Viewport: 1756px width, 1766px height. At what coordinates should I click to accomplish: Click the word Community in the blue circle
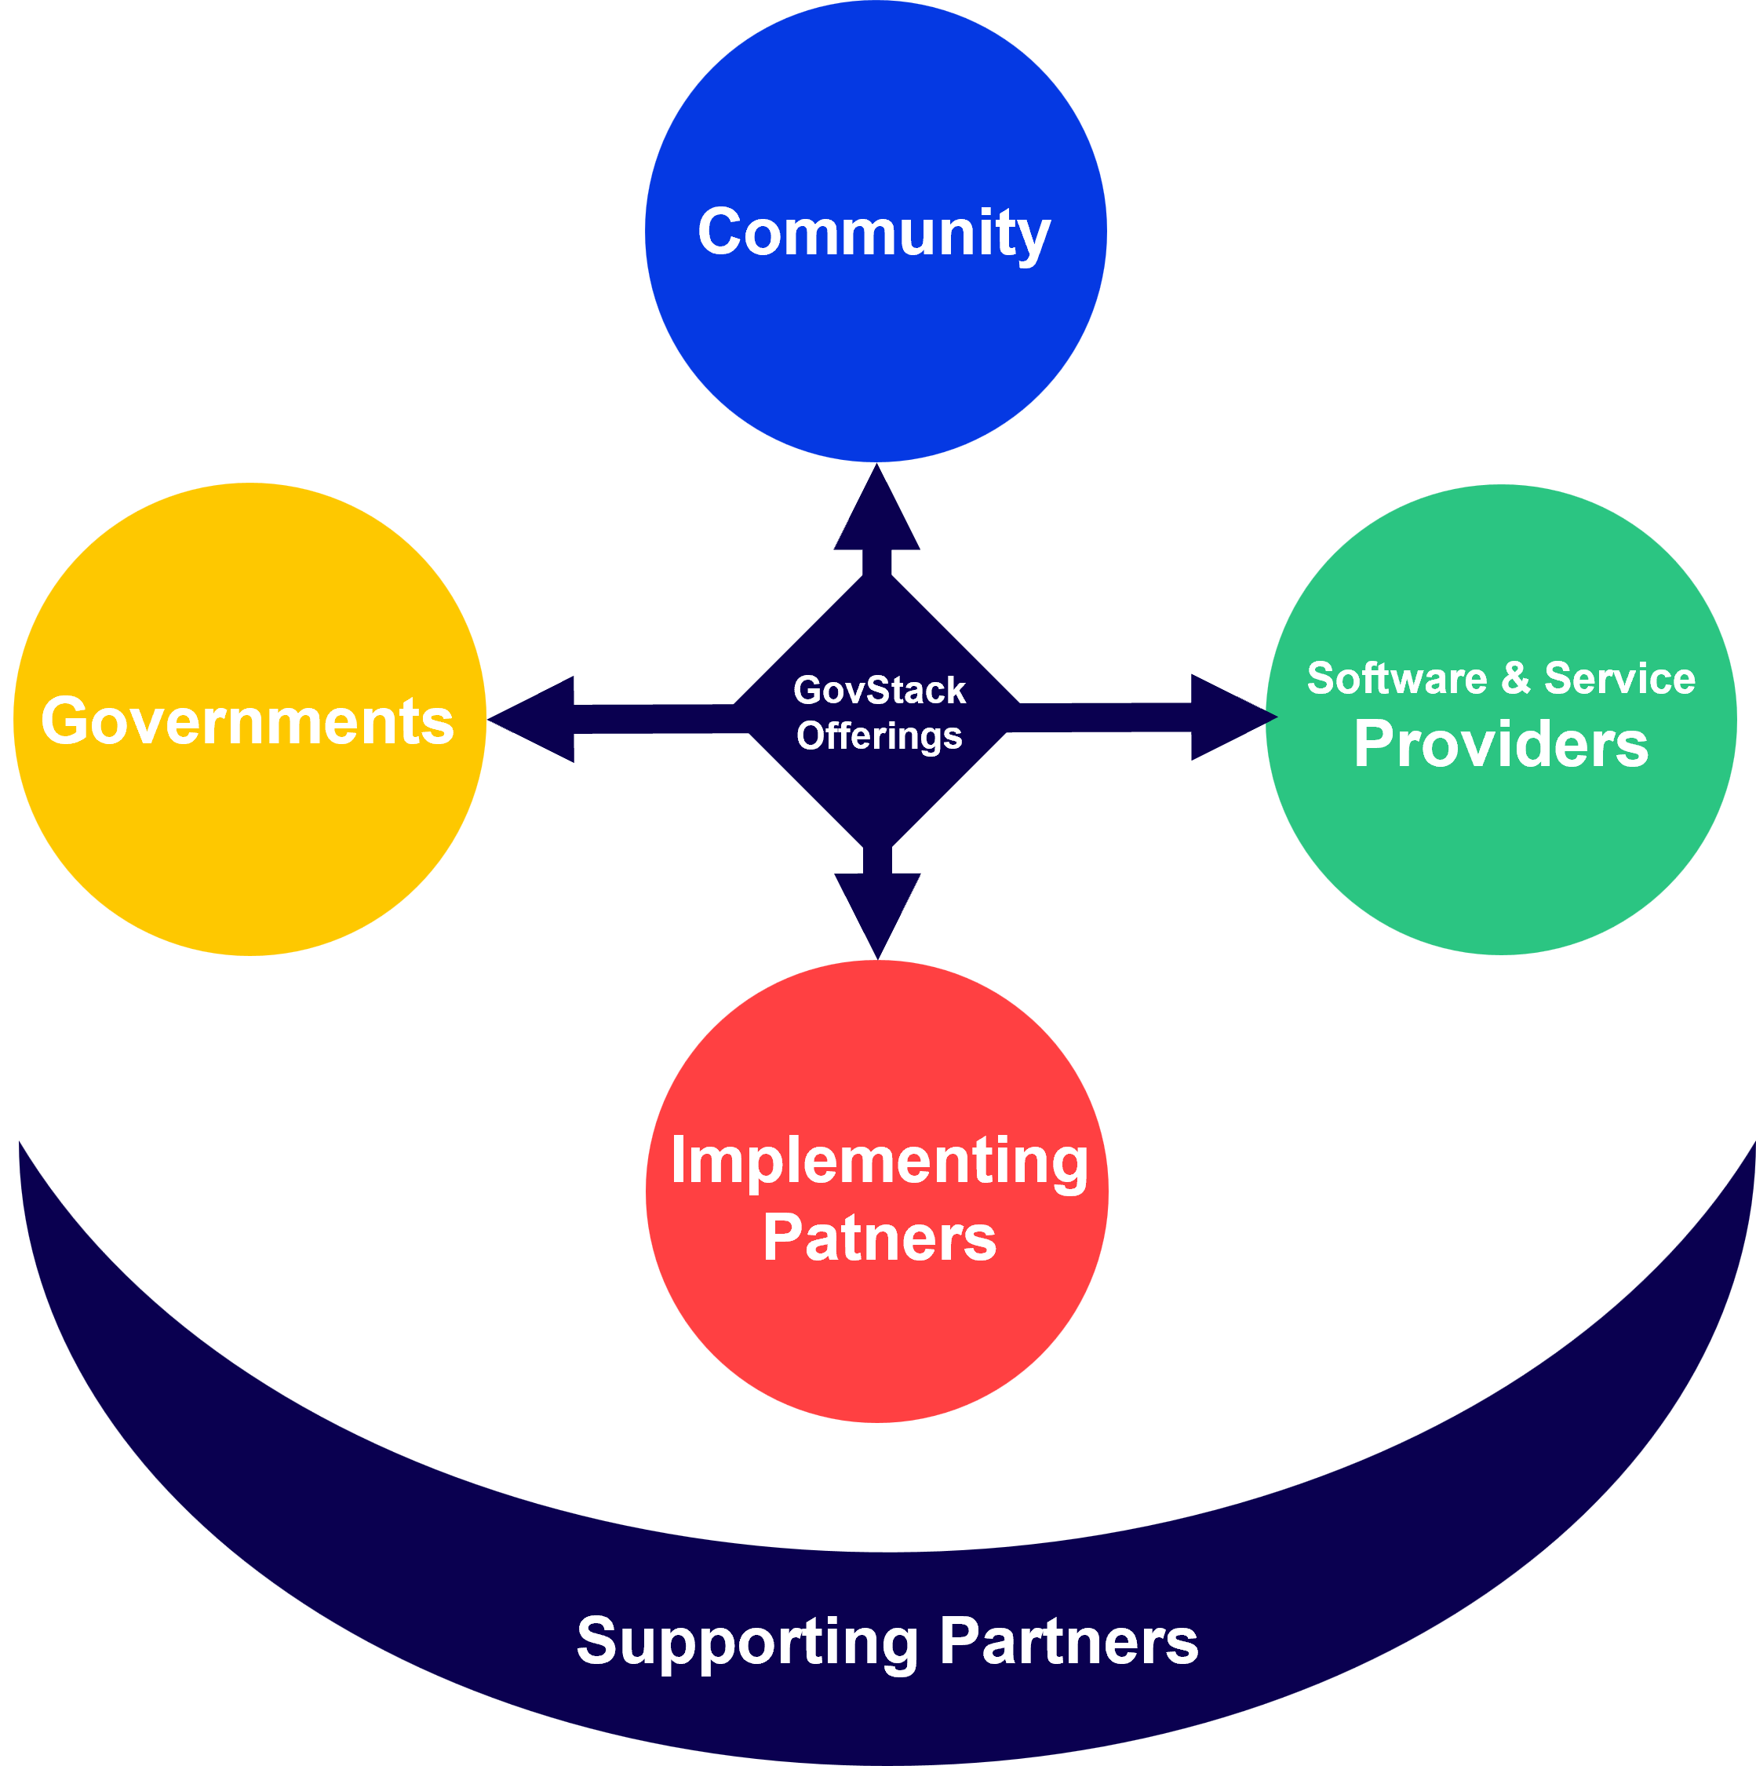point(873,232)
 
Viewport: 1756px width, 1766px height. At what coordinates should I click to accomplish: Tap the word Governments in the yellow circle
point(248,721)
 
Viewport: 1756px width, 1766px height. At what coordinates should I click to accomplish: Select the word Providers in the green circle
point(1500,744)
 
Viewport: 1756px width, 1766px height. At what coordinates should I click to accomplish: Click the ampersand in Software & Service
point(1515,677)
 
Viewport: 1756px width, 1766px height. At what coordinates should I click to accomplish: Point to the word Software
point(1397,678)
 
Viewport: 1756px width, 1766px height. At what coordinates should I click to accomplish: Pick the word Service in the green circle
point(1619,678)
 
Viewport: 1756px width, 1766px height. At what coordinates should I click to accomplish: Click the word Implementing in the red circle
point(879,1161)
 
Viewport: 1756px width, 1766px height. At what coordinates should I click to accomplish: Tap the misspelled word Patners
point(879,1239)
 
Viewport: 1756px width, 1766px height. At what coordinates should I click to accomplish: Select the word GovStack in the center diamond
point(879,690)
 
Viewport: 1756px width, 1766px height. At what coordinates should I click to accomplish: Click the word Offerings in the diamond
point(879,736)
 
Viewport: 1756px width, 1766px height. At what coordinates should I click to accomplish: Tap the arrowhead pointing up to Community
point(876,516)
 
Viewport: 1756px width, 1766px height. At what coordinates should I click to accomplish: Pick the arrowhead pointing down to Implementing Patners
point(877,910)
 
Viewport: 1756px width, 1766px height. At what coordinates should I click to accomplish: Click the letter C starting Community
point(721,232)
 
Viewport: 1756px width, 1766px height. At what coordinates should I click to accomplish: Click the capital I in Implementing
point(678,1161)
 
